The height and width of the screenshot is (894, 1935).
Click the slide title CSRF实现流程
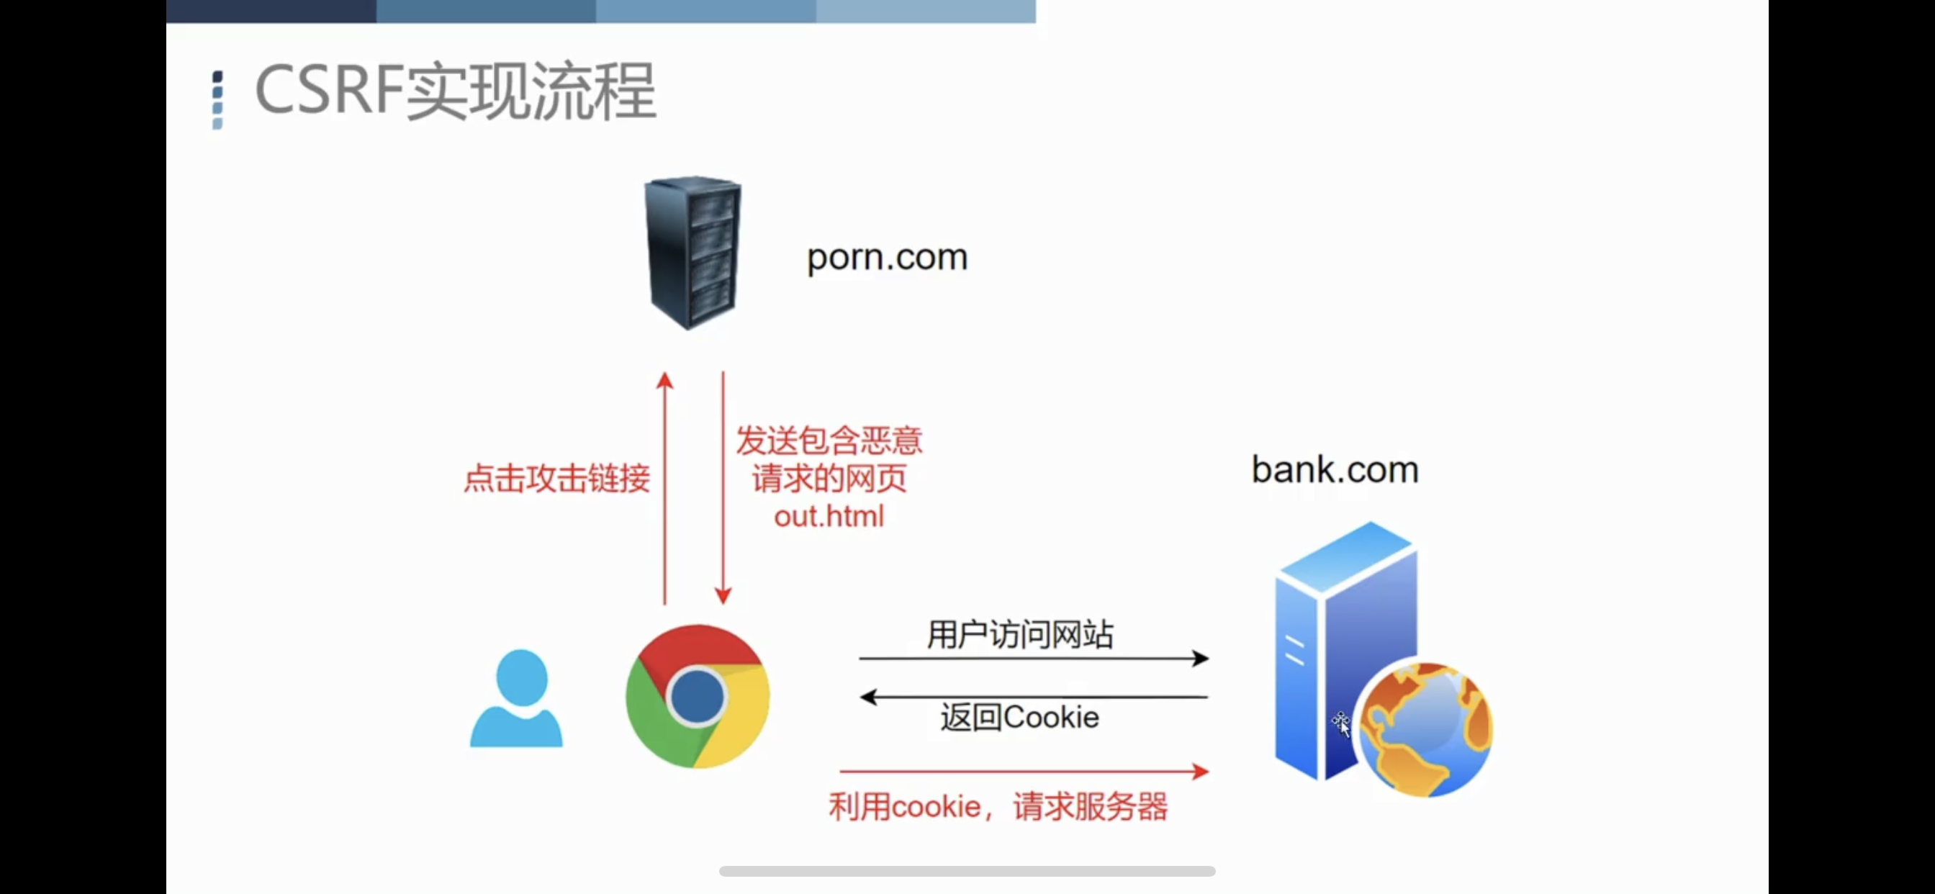[455, 91]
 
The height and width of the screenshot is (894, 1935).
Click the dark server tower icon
[693, 253]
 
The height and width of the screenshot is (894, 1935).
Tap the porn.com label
[886, 258]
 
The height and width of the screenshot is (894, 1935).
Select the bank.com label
[1334, 470]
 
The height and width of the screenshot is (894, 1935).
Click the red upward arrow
[664, 488]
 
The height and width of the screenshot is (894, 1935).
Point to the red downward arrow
[723, 488]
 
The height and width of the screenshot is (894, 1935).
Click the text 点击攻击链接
[556, 479]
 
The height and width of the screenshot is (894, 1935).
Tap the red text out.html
[829, 517]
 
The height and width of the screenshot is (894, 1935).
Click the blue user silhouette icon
[517, 699]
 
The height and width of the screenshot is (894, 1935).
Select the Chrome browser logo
[697, 697]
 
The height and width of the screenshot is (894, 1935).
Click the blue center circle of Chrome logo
[697, 697]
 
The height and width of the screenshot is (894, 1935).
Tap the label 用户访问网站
[1019, 635]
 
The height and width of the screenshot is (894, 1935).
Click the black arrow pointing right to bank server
[1033, 659]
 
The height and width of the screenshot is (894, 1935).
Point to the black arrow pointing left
[1033, 697]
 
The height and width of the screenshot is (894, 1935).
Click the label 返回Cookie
[1019, 718]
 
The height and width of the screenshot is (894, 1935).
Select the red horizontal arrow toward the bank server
[1023, 772]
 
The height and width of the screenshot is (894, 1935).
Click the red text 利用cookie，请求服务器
[998, 807]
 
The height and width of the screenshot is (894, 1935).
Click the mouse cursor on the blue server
[1342, 724]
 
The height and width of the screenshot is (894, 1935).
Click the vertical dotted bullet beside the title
[218, 100]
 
